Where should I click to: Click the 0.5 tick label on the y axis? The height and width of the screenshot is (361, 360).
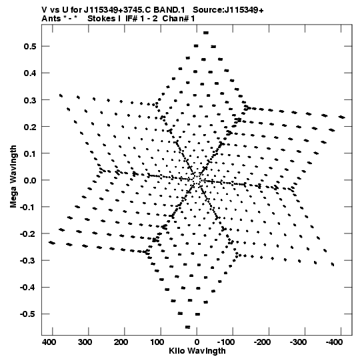pos(30,47)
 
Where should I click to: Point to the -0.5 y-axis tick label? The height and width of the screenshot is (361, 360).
pos(28,314)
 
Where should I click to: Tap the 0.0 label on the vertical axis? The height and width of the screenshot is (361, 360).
pos(30,180)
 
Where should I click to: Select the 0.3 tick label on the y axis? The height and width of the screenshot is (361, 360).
pos(30,100)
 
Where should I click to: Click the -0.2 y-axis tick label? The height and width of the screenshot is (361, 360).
pos(28,234)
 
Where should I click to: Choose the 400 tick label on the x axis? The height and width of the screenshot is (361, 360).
pos(49,342)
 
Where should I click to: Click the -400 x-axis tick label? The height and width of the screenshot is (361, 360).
pos(334,342)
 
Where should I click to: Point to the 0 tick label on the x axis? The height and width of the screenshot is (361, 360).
pos(197,342)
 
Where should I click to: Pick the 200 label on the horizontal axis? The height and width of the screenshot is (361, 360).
pos(121,342)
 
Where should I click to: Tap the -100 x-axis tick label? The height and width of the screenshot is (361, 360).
pos(227,342)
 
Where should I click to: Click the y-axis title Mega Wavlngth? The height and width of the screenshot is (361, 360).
pos(13,177)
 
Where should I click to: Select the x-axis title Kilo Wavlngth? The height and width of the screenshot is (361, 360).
pos(197,351)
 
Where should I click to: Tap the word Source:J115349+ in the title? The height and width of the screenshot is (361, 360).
pos(228,10)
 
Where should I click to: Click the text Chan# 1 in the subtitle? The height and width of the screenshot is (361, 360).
pos(179,19)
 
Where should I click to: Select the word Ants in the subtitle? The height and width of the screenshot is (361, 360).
pos(51,19)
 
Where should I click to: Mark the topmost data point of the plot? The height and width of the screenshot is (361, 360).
pos(206,33)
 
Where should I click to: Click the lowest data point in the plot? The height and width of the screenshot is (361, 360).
pos(188,327)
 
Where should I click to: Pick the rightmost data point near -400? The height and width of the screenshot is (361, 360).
pos(342,117)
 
